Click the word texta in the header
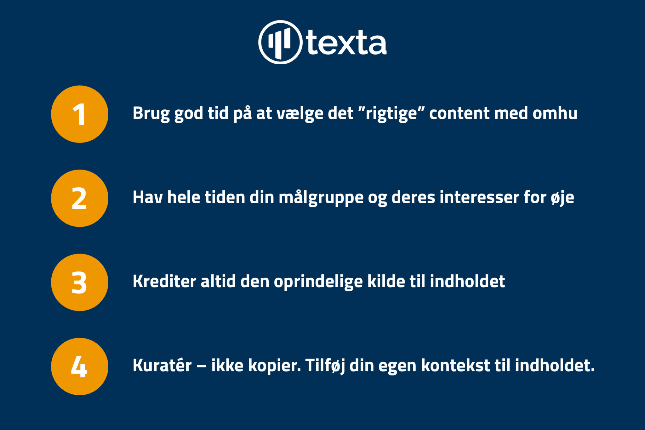(x=346, y=42)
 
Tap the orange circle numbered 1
(x=80, y=114)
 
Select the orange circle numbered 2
(x=80, y=198)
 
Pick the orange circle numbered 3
(x=80, y=282)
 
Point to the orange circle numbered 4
(x=80, y=366)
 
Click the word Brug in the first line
(x=151, y=114)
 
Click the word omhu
(x=555, y=113)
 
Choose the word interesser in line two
(x=479, y=197)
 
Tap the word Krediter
(x=164, y=281)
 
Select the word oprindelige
(x=318, y=282)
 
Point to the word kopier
(x=274, y=366)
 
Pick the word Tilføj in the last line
(x=325, y=366)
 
